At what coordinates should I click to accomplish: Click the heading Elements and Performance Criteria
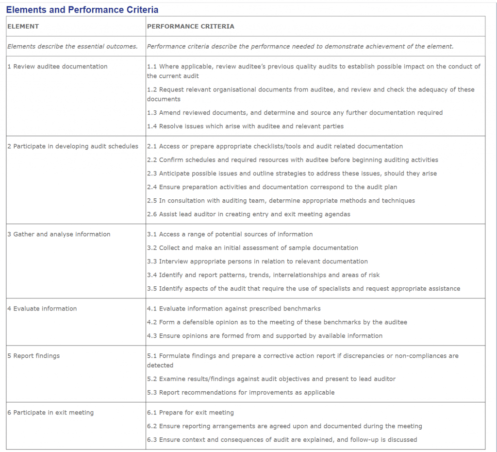click(x=82, y=10)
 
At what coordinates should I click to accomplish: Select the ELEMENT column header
click(x=23, y=26)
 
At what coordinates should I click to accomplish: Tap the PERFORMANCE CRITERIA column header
click(x=190, y=26)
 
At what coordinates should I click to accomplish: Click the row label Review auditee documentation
click(x=57, y=67)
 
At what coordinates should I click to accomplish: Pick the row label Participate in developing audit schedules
click(x=73, y=146)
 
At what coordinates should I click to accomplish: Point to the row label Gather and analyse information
click(x=59, y=234)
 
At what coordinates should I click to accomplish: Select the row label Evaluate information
click(x=42, y=309)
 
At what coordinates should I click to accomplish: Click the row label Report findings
click(x=33, y=356)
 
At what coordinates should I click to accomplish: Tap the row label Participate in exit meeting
click(x=50, y=413)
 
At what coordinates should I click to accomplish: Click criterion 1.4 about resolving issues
click(x=245, y=126)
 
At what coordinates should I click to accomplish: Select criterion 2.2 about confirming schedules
click(x=292, y=160)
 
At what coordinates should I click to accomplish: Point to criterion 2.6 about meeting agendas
click(x=248, y=214)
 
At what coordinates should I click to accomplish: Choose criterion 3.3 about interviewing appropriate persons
click(x=257, y=261)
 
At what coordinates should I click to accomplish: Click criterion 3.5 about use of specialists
click(x=303, y=289)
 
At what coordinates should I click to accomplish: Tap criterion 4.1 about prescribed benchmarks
click(x=233, y=309)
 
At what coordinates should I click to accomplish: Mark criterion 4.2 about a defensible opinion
click(x=277, y=322)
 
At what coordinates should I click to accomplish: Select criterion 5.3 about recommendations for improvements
click(x=241, y=393)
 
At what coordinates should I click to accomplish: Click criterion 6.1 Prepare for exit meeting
click(x=190, y=413)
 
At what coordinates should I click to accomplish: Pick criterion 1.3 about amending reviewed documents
click(x=295, y=113)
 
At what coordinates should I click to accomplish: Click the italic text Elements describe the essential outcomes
click(x=72, y=47)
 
